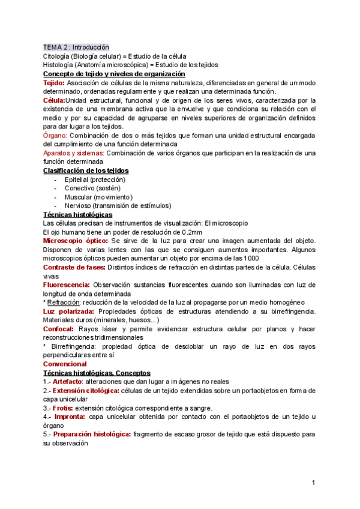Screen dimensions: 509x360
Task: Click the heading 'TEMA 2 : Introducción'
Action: coord(76,46)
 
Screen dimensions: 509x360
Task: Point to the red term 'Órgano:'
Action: coord(55,136)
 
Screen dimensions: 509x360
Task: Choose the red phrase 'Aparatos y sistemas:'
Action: coord(74,154)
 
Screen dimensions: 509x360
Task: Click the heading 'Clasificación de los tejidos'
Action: coord(86,170)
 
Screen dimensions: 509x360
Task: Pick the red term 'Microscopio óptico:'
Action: coord(76,241)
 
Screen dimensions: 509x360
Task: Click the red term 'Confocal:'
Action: coord(59,329)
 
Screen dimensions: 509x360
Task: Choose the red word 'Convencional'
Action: coord(65,364)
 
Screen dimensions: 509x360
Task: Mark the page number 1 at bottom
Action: coord(313,483)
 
